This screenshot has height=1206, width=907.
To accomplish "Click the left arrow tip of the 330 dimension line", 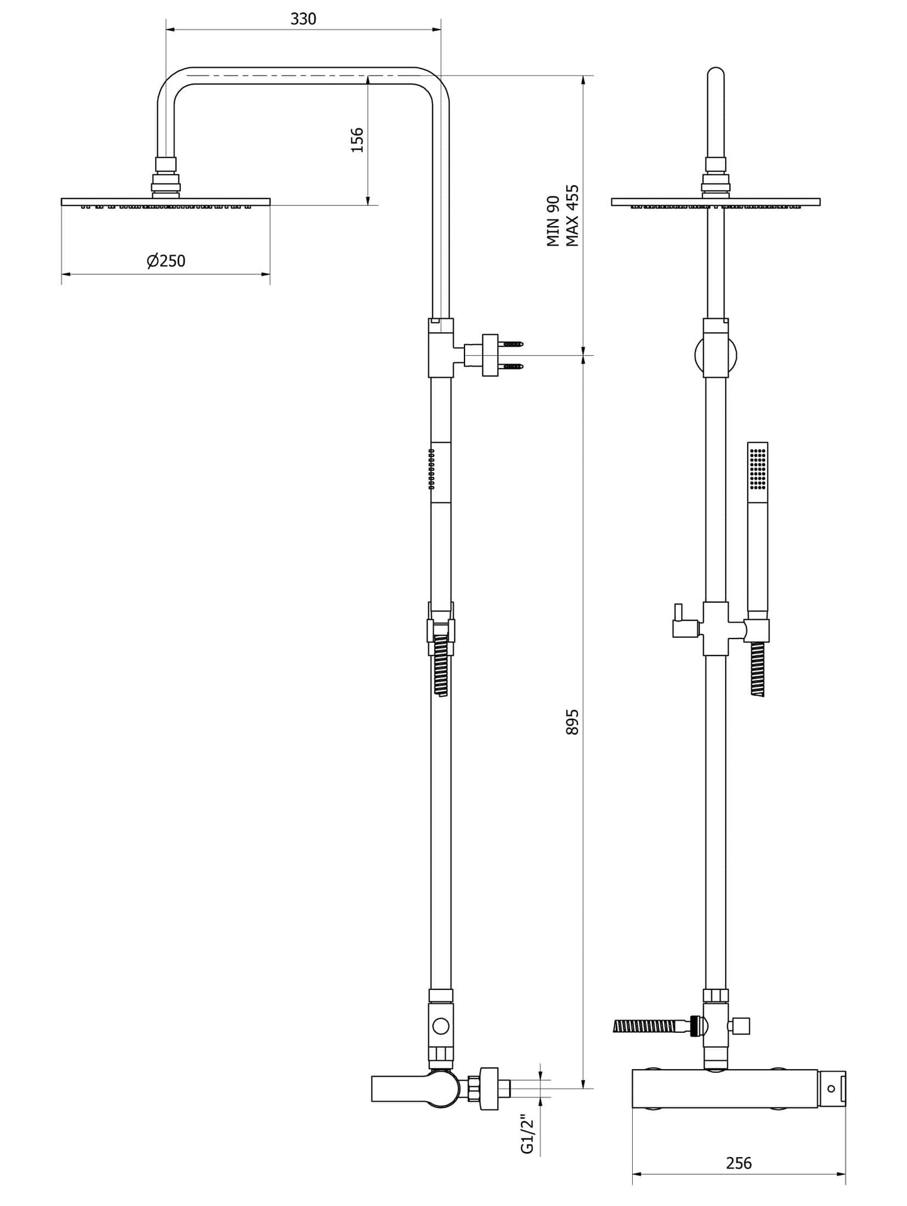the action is point(166,29).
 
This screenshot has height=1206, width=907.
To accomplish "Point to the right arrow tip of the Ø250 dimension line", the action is point(270,274).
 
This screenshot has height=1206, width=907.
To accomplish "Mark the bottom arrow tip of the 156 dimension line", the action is point(368,205).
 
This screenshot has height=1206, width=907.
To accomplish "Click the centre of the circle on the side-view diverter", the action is point(441,1026).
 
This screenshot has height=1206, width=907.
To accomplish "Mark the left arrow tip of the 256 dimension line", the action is point(633,1173).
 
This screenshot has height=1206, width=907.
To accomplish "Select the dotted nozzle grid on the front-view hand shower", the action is point(758,467).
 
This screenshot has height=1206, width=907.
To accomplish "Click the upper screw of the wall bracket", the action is point(512,344).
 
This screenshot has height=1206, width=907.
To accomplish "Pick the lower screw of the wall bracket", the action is point(512,367).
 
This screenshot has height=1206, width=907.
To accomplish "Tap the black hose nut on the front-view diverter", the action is point(695,1026).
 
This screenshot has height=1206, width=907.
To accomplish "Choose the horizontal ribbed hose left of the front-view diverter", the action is point(652,1026).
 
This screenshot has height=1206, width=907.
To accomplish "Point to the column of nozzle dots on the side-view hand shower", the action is point(431,468).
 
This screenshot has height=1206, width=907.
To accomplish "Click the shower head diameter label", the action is point(166,261).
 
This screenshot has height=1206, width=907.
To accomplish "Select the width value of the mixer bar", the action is point(739,1163).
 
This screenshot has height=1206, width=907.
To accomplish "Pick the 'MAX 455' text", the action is point(572,215).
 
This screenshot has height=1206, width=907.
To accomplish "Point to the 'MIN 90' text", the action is point(552,221).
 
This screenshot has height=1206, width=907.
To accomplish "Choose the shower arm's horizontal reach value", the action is point(303,19).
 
